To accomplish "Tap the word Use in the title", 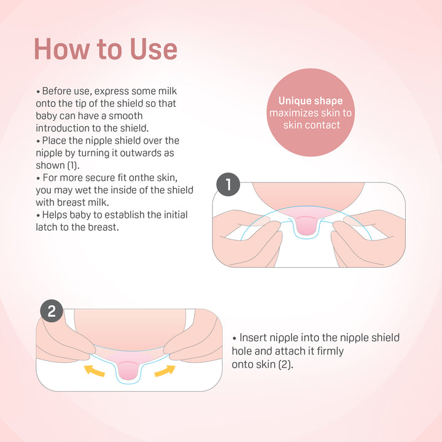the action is pyautogui.click(x=153, y=49).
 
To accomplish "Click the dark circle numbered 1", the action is pyautogui.click(x=228, y=185).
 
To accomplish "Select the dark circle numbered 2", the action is pyautogui.click(x=52, y=311).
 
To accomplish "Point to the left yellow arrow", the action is pyautogui.click(x=95, y=370).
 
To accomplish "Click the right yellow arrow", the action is pyautogui.click(x=165, y=371).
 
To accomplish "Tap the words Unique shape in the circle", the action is pyautogui.click(x=311, y=101).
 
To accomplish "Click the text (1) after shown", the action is pyautogui.click(x=73, y=166).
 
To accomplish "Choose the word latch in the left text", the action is pyautogui.click(x=47, y=227).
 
